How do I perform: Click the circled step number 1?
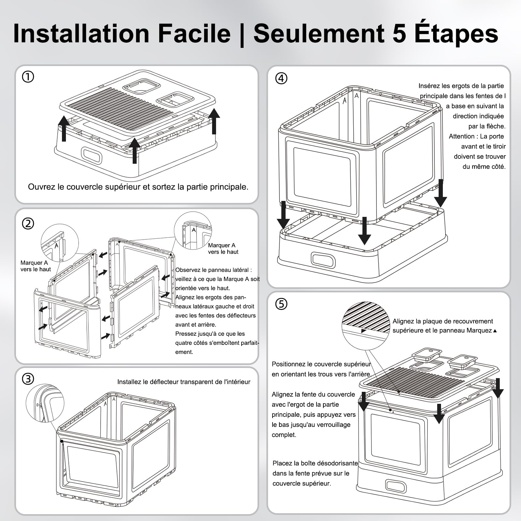point(28,77)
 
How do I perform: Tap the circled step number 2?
point(28,224)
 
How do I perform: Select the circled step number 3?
point(28,379)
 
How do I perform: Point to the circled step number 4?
point(281,78)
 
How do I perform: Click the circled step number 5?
point(281,304)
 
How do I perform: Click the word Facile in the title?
point(194,34)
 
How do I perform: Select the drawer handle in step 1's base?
point(92,156)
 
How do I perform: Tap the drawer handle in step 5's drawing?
point(396,486)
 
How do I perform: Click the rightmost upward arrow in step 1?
point(214,121)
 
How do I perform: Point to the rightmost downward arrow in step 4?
point(440,193)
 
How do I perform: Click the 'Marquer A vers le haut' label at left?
point(36,266)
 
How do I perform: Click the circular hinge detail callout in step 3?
point(45,403)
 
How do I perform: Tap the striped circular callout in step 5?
point(366,326)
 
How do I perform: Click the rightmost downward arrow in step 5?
point(498,388)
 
